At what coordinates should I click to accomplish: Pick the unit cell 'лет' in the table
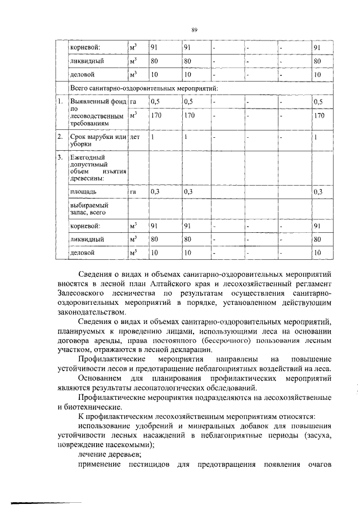pyautogui.click(x=135, y=137)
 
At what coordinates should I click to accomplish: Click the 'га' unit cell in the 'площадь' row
pyautogui.click(x=133, y=192)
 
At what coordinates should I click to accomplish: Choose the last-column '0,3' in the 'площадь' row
pyautogui.click(x=318, y=192)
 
